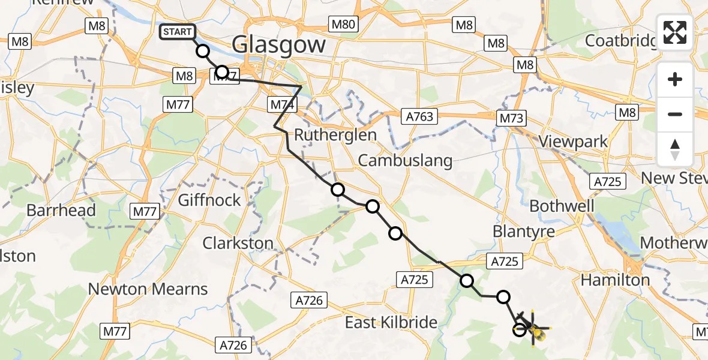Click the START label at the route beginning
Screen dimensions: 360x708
coord(177,32)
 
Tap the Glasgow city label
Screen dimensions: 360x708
coord(278,44)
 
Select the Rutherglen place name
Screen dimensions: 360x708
coord(335,134)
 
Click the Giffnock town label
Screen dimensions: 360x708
coord(209,200)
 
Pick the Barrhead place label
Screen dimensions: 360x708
coord(61,211)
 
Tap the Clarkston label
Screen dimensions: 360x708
coord(238,244)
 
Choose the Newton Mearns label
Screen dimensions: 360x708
coord(148,289)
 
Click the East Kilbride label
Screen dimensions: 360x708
coord(391,323)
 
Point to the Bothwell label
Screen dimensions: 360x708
coord(562,206)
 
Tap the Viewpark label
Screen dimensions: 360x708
coord(574,142)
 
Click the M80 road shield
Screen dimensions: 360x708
coord(343,25)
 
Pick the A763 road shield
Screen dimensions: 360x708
coord(419,116)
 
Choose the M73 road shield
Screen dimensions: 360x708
coord(511,118)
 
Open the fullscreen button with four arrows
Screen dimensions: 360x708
coord(675,32)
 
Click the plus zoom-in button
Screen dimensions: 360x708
coord(675,79)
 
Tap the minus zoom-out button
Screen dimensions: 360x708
coord(675,114)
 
